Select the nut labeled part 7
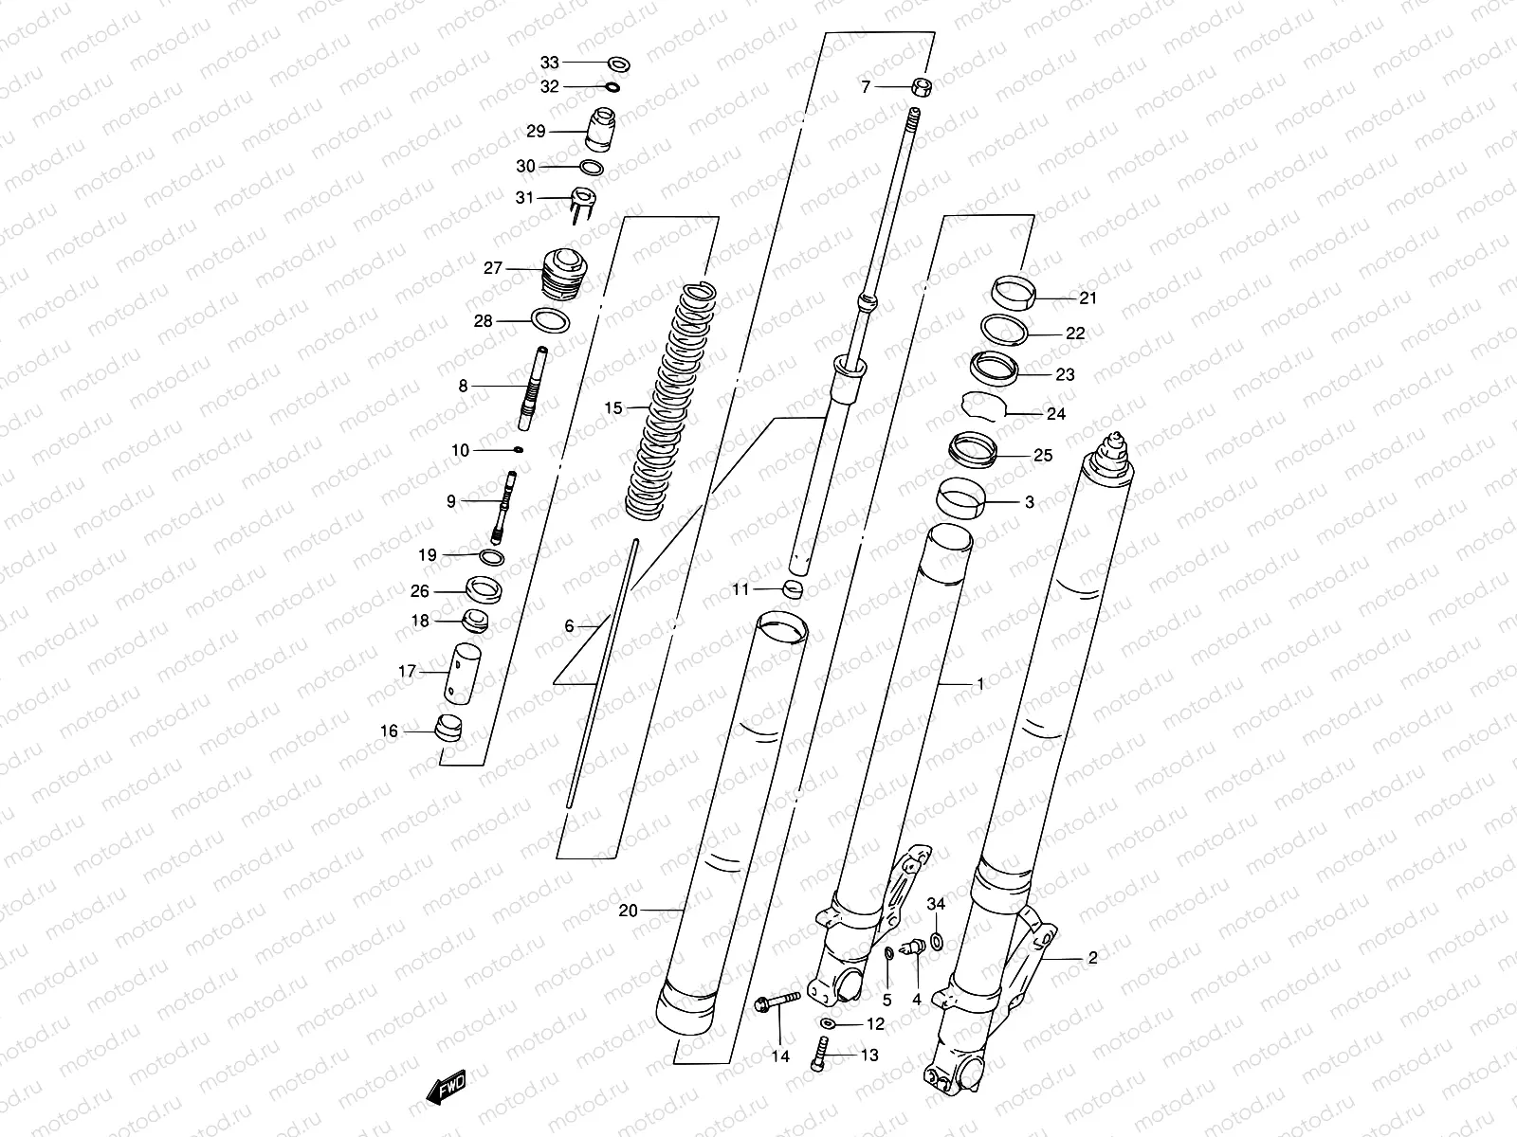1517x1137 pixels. pyautogui.click(x=922, y=88)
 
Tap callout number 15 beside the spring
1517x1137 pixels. pyautogui.click(x=613, y=408)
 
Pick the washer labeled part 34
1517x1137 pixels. pyautogui.click(x=936, y=940)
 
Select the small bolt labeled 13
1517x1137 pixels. pyautogui.click(x=820, y=1055)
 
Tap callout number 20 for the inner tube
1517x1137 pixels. pyautogui.click(x=628, y=911)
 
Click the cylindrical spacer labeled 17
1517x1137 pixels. pyautogui.click(x=465, y=672)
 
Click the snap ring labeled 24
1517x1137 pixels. pyautogui.click(x=983, y=405)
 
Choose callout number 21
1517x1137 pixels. pyautogui.click(x=1087, y=298)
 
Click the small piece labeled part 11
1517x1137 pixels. pyautogui.click(x=794, y=590)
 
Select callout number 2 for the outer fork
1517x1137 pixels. pyautogui.click(x=1092, y=958)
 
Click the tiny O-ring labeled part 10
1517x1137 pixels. pyautogui.click(x=519, y=450)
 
